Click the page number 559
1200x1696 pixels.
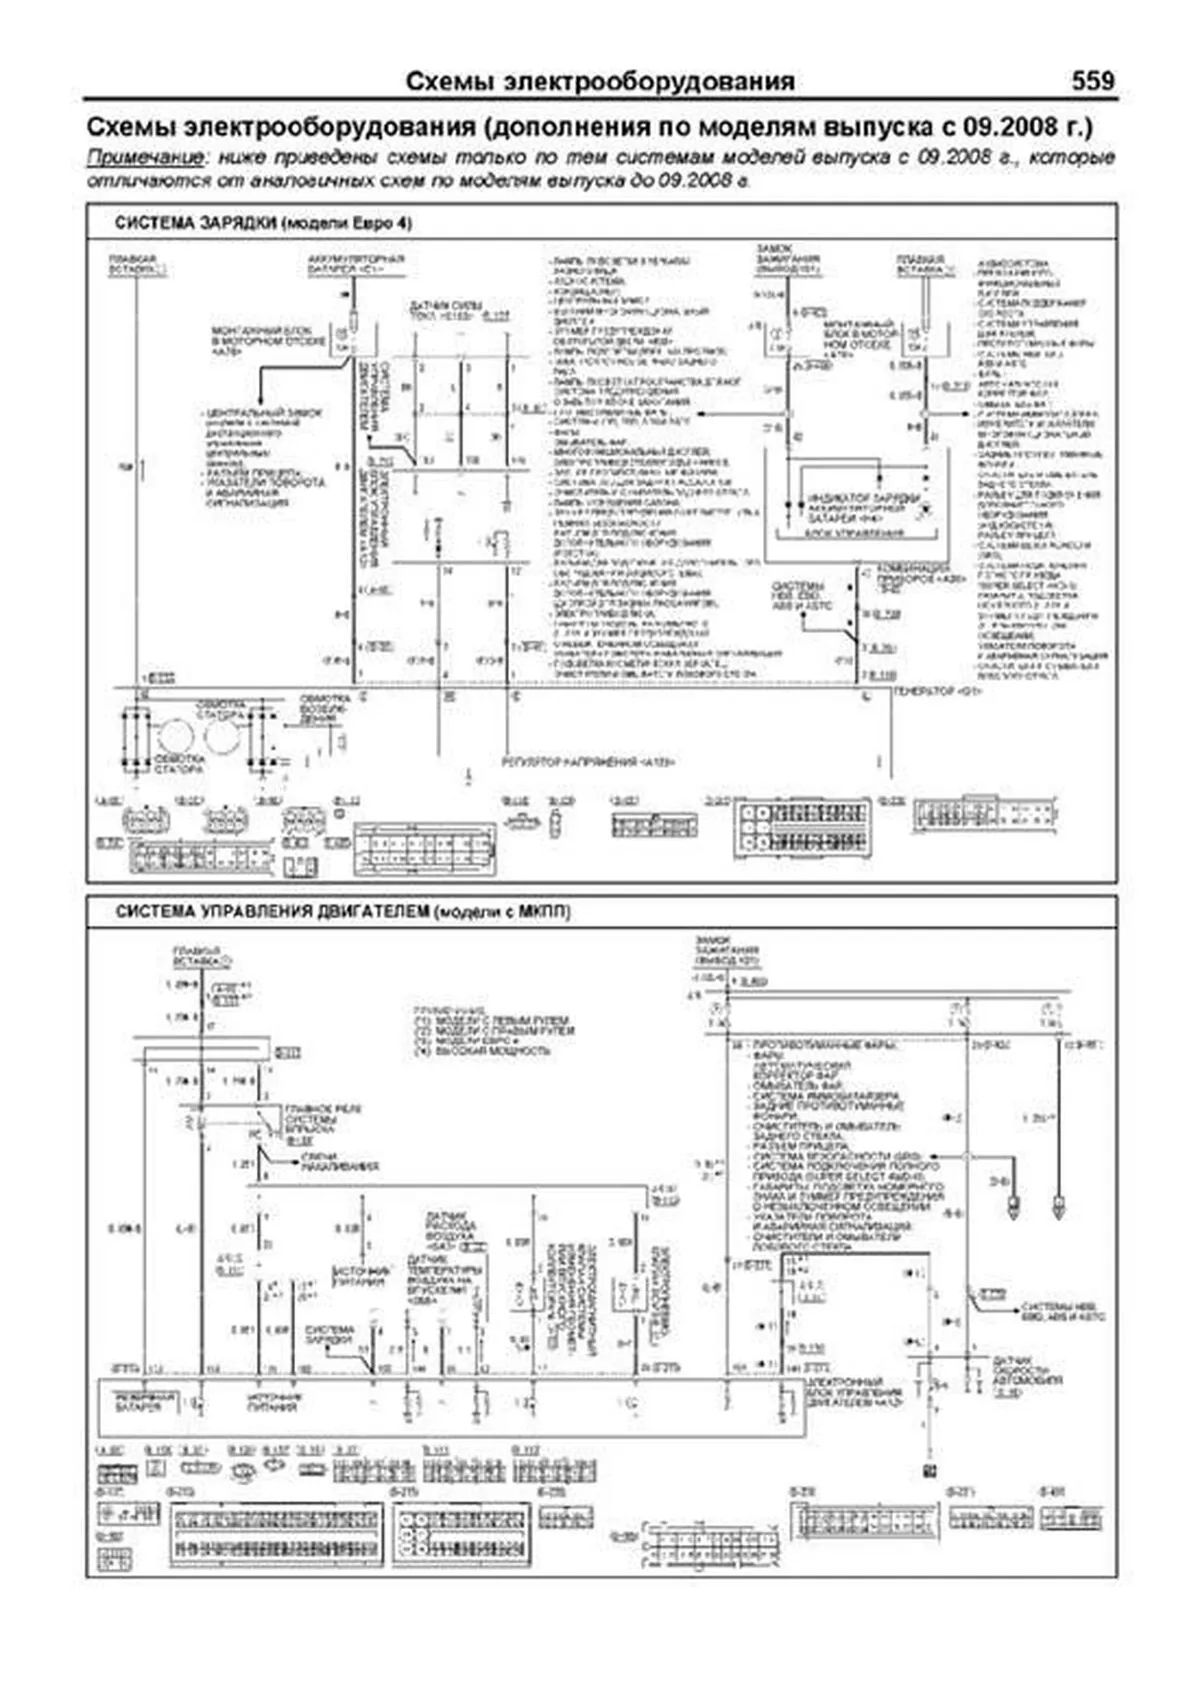point(1092,81)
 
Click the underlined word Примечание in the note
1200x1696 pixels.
point(147,158)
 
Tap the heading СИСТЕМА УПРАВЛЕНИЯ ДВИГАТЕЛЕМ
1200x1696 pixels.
point(273,911)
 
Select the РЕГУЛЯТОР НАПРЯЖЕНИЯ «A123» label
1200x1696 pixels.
point(588,763)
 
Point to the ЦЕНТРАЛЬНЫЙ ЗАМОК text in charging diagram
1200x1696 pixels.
point(262,413)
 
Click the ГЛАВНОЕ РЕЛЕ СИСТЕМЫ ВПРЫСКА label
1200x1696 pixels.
point(322,1118)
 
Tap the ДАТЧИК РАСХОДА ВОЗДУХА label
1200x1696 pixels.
point(451,1228)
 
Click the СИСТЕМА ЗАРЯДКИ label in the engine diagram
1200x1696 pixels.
point(330,1336)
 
